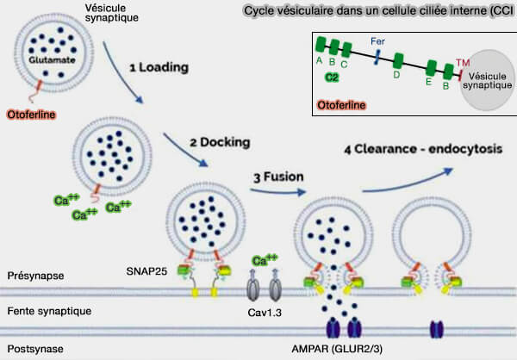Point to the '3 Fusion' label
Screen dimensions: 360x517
tap(278, 177)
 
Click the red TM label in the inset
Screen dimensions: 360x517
tap(463, 62)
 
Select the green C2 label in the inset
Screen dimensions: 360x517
tap(332, 77)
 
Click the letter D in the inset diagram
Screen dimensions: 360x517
tap(396, 76)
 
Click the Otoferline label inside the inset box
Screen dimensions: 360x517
tap(342, 104)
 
